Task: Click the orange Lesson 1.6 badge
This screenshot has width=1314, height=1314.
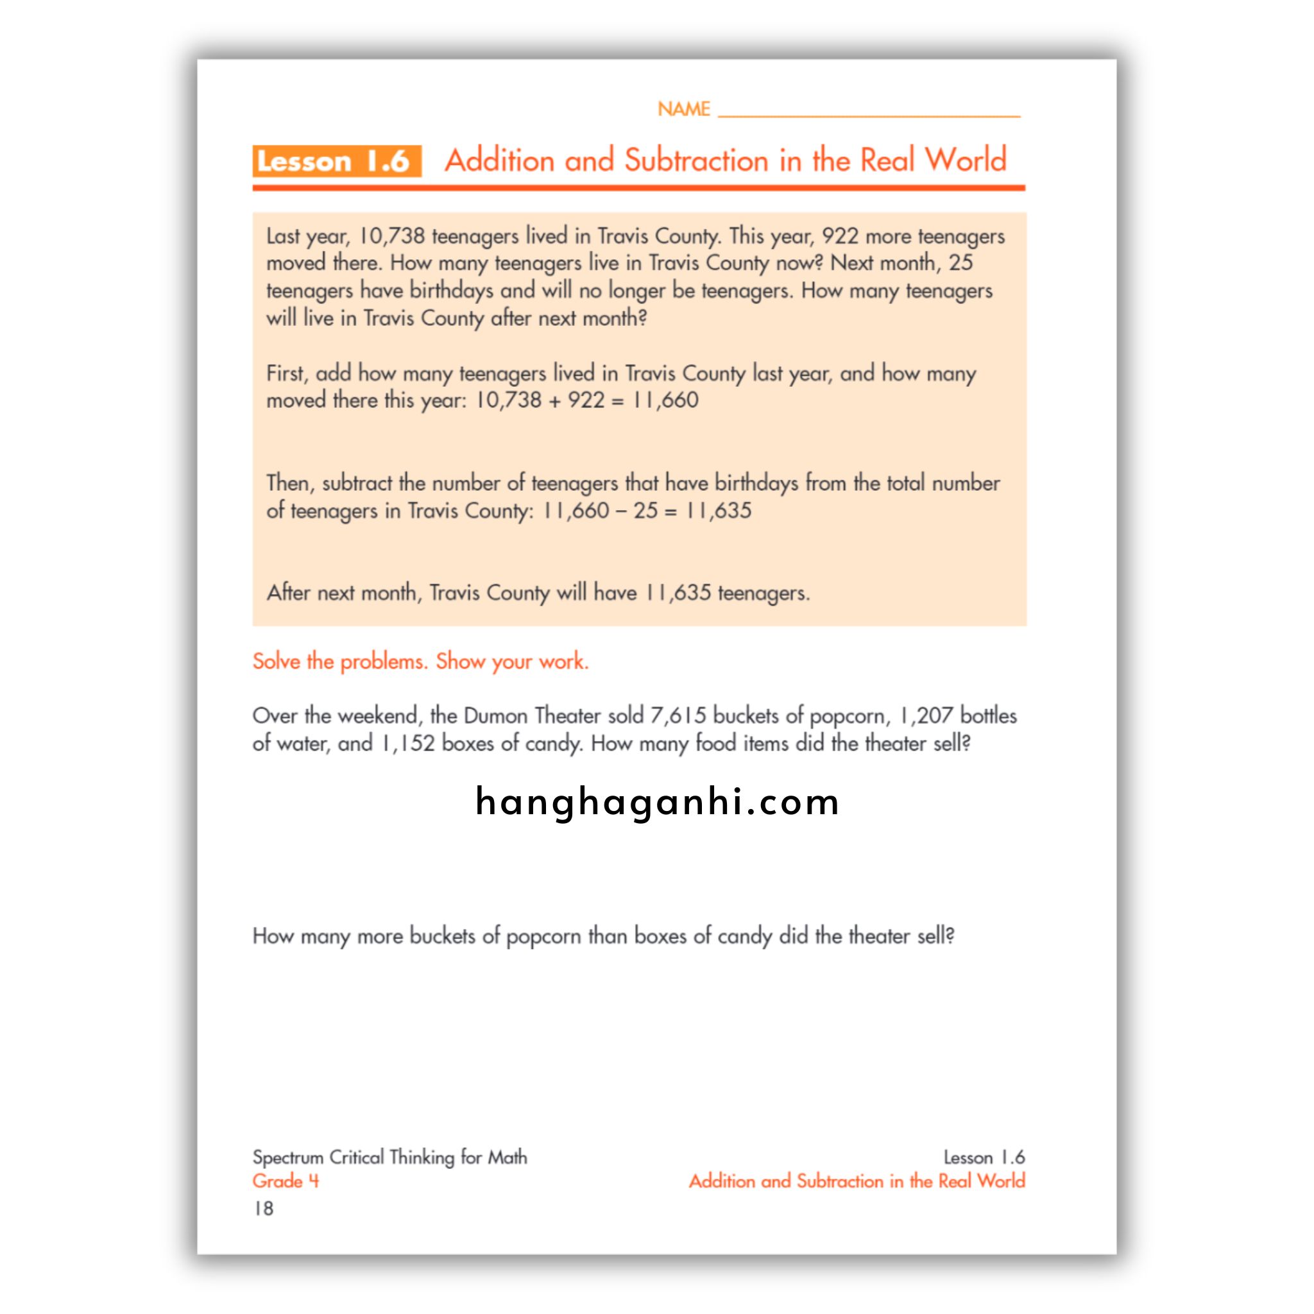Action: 336,161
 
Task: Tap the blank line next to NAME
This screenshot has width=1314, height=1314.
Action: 869,110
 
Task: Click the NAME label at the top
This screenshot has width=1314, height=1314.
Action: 683,109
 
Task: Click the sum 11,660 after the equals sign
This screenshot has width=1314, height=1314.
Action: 665,400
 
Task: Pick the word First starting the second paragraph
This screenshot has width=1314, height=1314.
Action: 286,373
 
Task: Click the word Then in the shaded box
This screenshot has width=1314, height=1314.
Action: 290,483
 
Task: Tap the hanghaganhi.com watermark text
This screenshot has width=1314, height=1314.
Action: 657,801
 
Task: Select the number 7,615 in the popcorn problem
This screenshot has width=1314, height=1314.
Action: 678,715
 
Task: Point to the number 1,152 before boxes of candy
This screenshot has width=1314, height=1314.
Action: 407,744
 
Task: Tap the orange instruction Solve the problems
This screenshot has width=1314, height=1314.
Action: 420,661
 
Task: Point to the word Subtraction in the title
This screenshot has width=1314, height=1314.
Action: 695,160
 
